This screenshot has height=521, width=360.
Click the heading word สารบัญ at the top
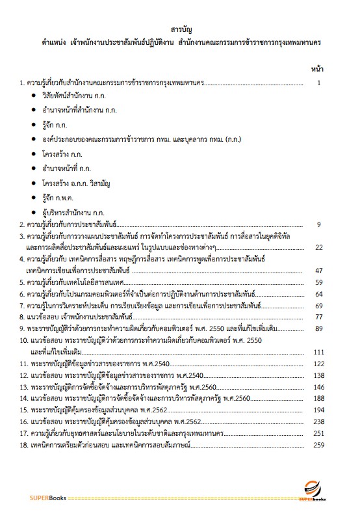180,30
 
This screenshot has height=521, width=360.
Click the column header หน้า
318,68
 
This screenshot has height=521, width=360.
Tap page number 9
319,224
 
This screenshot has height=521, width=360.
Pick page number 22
318,247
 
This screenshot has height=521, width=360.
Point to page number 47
318,270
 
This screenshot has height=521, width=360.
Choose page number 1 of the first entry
319,83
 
